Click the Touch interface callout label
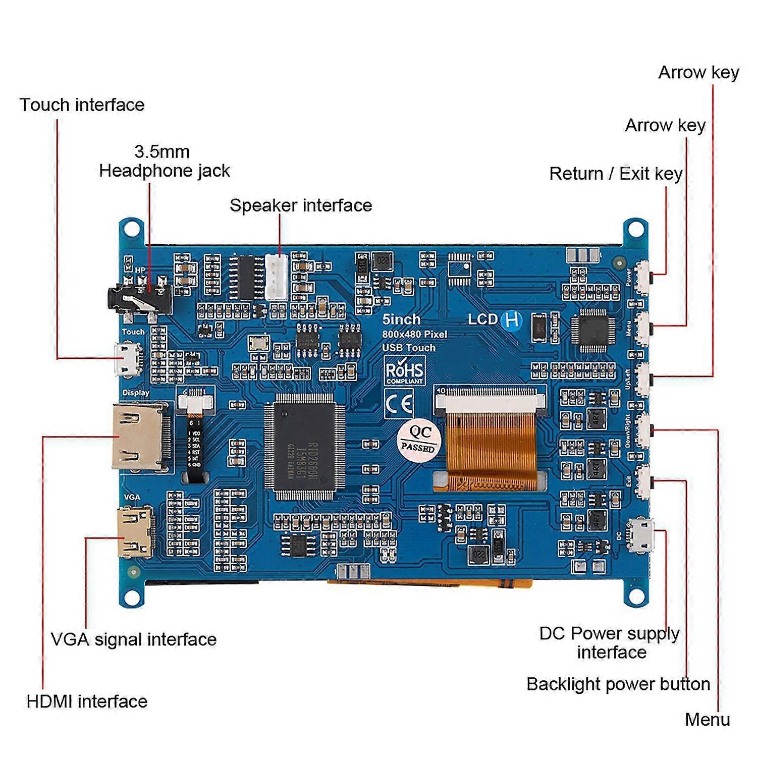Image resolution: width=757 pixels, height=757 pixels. pos(82,105)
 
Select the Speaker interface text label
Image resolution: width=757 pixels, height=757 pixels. pos(301,205)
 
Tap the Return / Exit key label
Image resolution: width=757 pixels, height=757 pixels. pos(616,174)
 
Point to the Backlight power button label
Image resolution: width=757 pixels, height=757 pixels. pos(618,684)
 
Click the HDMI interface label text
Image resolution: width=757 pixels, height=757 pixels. pos(87,701)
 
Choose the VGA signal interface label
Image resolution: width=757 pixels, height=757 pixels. pos(134,639)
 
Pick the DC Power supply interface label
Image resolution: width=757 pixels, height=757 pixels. pos(610,642)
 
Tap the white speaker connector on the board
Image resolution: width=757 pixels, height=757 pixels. pos(277,277)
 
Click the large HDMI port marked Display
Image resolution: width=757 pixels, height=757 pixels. pos(139,437)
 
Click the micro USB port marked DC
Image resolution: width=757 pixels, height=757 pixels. pos(640,535)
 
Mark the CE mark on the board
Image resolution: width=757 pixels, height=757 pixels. pos(399,404)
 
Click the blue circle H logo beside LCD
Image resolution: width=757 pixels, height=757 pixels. pos(512,320)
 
